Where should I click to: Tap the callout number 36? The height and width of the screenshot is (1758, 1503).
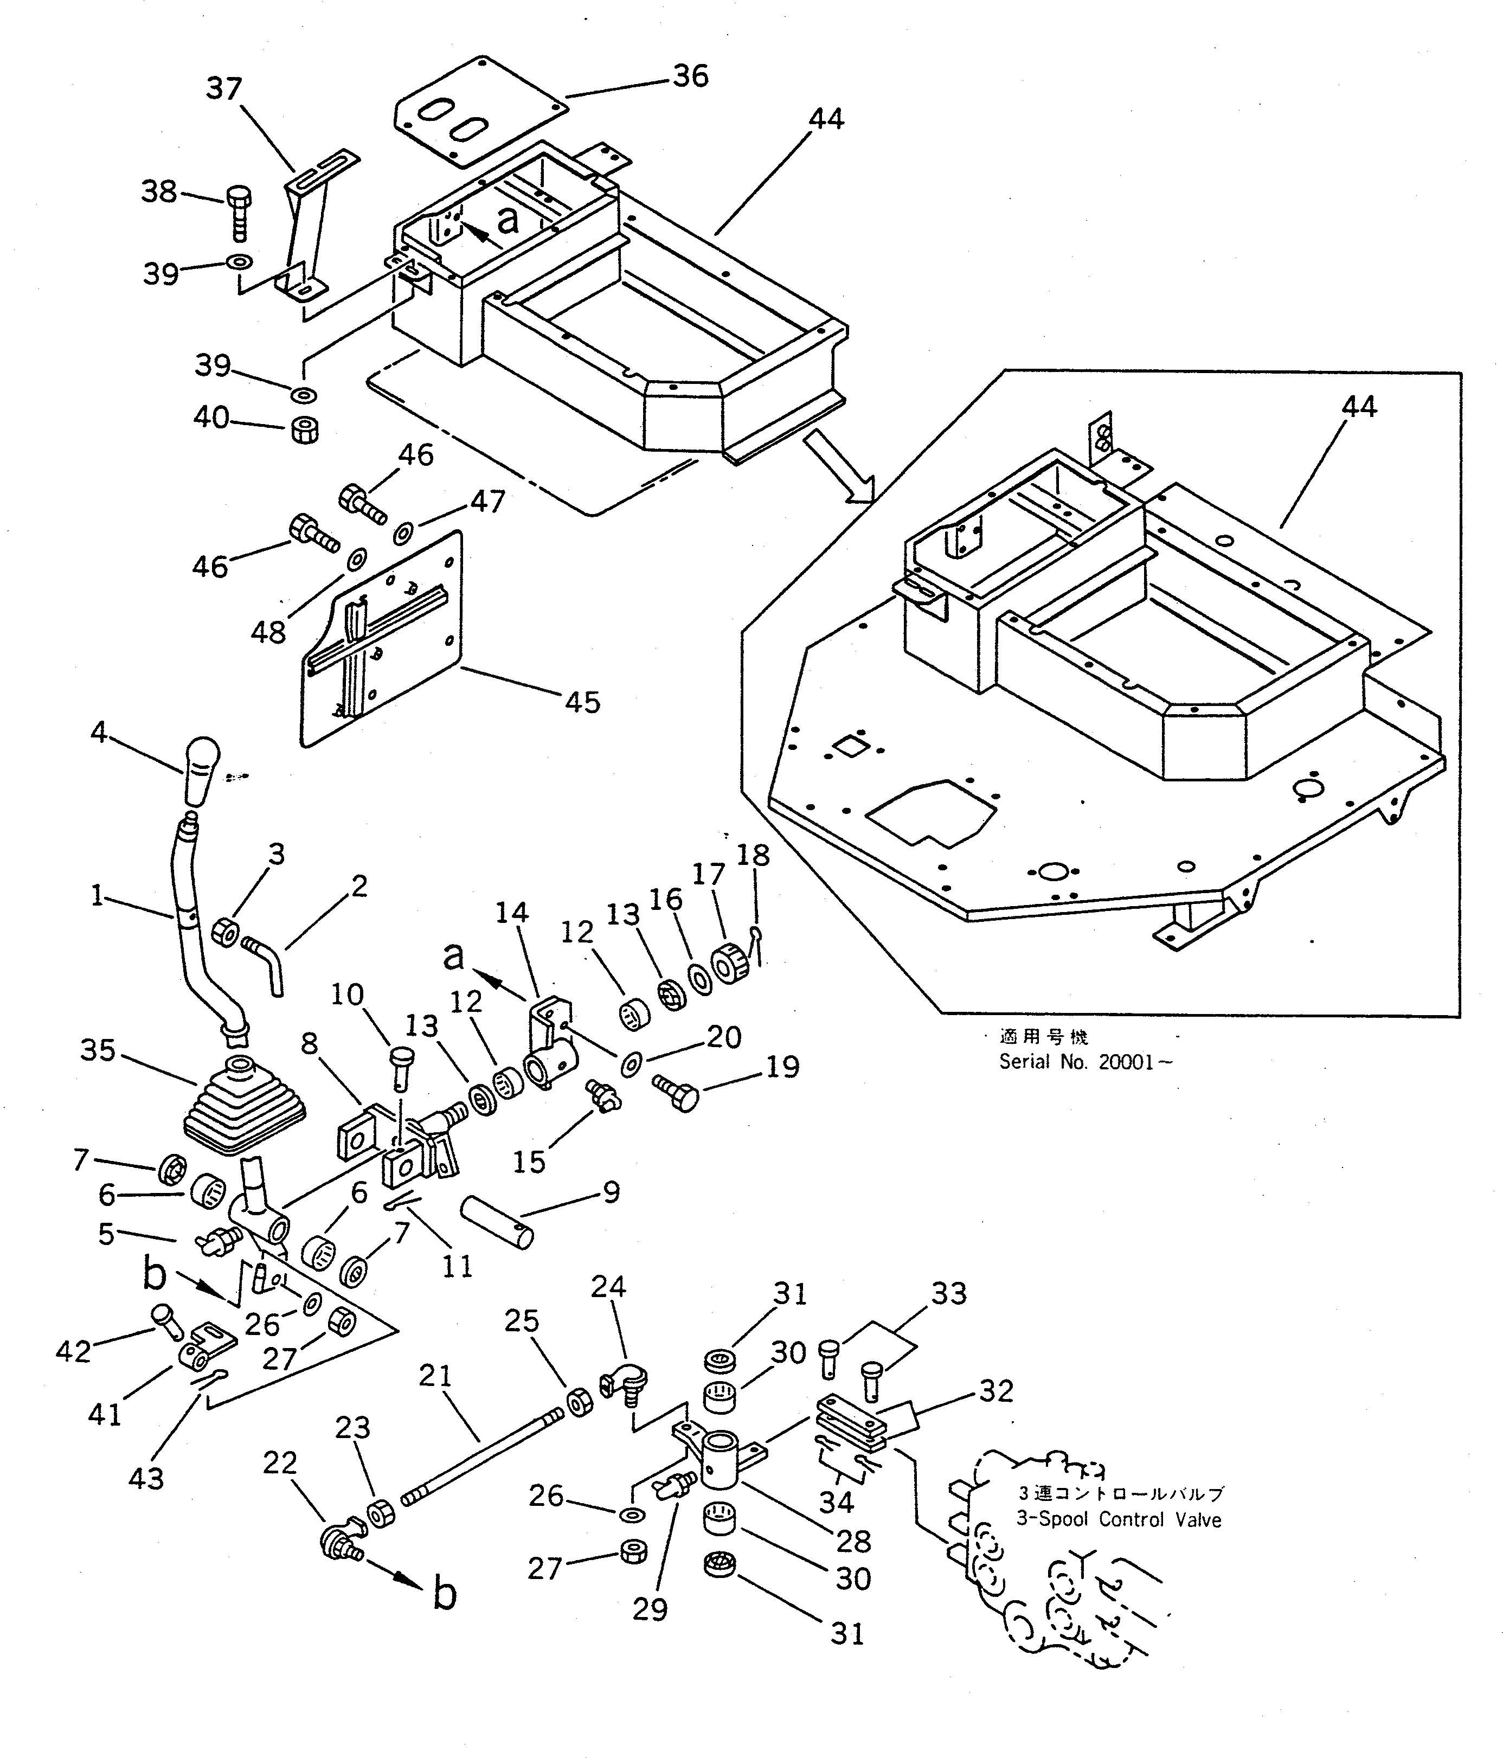tap(690, 76)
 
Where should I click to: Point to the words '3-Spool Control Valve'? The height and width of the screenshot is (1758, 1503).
tap(1118, 1519)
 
